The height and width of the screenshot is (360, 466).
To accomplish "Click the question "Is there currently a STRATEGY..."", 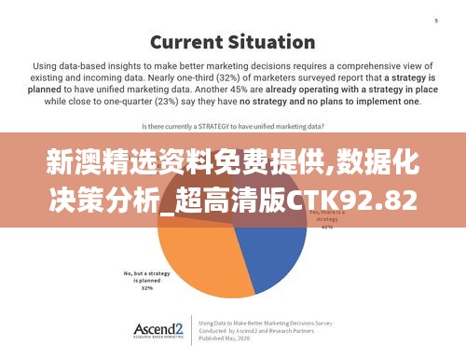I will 232,124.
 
